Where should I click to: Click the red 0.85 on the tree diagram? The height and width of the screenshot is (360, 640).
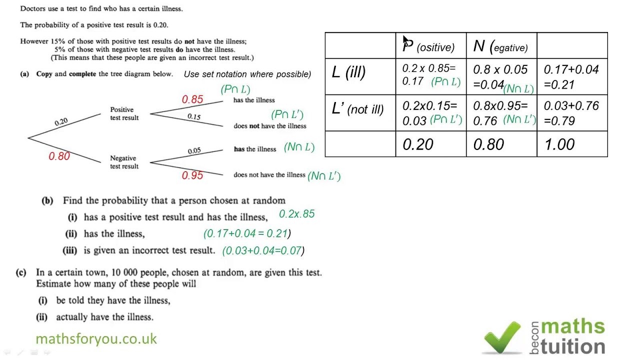coord(192,99)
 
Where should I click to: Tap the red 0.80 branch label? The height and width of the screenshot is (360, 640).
coord(59,156)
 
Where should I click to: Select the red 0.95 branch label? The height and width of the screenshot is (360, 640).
coord(192,175)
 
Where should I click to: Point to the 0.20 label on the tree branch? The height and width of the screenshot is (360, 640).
coord(61,122)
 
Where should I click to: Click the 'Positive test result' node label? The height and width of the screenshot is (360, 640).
coord(124,113)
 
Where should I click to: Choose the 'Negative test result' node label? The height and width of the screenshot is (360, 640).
coord(124,162)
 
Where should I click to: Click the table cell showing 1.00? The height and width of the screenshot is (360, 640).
coord(559,145)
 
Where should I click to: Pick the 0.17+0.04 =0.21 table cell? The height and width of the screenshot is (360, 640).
coord(571,77)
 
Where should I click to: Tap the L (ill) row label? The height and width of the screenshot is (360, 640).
coord(348,72)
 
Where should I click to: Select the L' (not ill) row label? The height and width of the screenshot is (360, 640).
coord(357,109)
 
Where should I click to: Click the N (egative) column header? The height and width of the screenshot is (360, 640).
coord(500,47)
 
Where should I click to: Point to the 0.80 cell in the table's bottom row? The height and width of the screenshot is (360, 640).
coord(488,145)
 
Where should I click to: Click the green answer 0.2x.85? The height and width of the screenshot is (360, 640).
coord(296,214)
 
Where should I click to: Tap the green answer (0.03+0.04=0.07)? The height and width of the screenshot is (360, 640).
coord(263,250)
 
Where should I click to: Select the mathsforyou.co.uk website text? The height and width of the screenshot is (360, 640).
coord(96,339)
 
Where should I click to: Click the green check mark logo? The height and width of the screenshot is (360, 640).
coord(502,337)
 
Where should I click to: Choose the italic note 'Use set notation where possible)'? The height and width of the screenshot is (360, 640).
coord(247,74)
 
